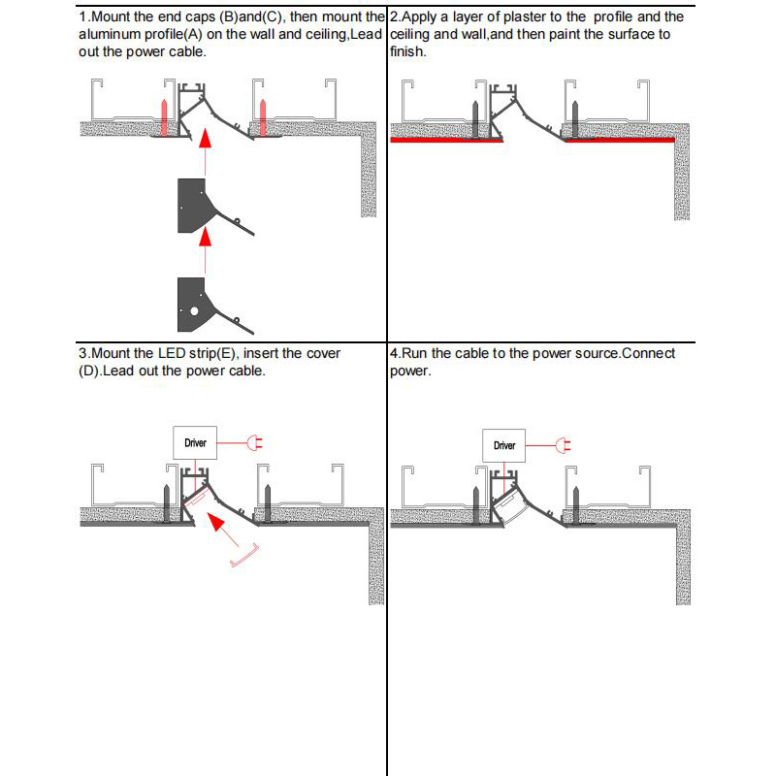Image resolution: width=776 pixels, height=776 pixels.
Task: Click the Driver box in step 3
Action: coord(195,443)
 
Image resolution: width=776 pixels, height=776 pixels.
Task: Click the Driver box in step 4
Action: coord(504,445)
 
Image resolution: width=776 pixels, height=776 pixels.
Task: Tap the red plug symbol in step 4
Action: coord(564,445)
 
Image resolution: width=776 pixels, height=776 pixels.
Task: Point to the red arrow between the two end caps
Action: coord(204,237)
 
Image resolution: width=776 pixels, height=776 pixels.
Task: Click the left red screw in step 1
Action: coord(165,115)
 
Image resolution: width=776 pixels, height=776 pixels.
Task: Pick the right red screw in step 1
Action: coord(262,115)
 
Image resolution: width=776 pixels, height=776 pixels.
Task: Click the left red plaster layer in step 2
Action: coord(446,141)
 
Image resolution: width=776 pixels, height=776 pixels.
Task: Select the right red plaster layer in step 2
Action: coord(621,141)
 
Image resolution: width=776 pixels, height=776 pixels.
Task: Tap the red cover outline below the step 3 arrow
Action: coord(246,557)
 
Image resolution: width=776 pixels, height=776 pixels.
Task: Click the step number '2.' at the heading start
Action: coord(394,16)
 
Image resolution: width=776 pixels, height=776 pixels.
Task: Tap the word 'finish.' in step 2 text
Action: coord(407,51)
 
